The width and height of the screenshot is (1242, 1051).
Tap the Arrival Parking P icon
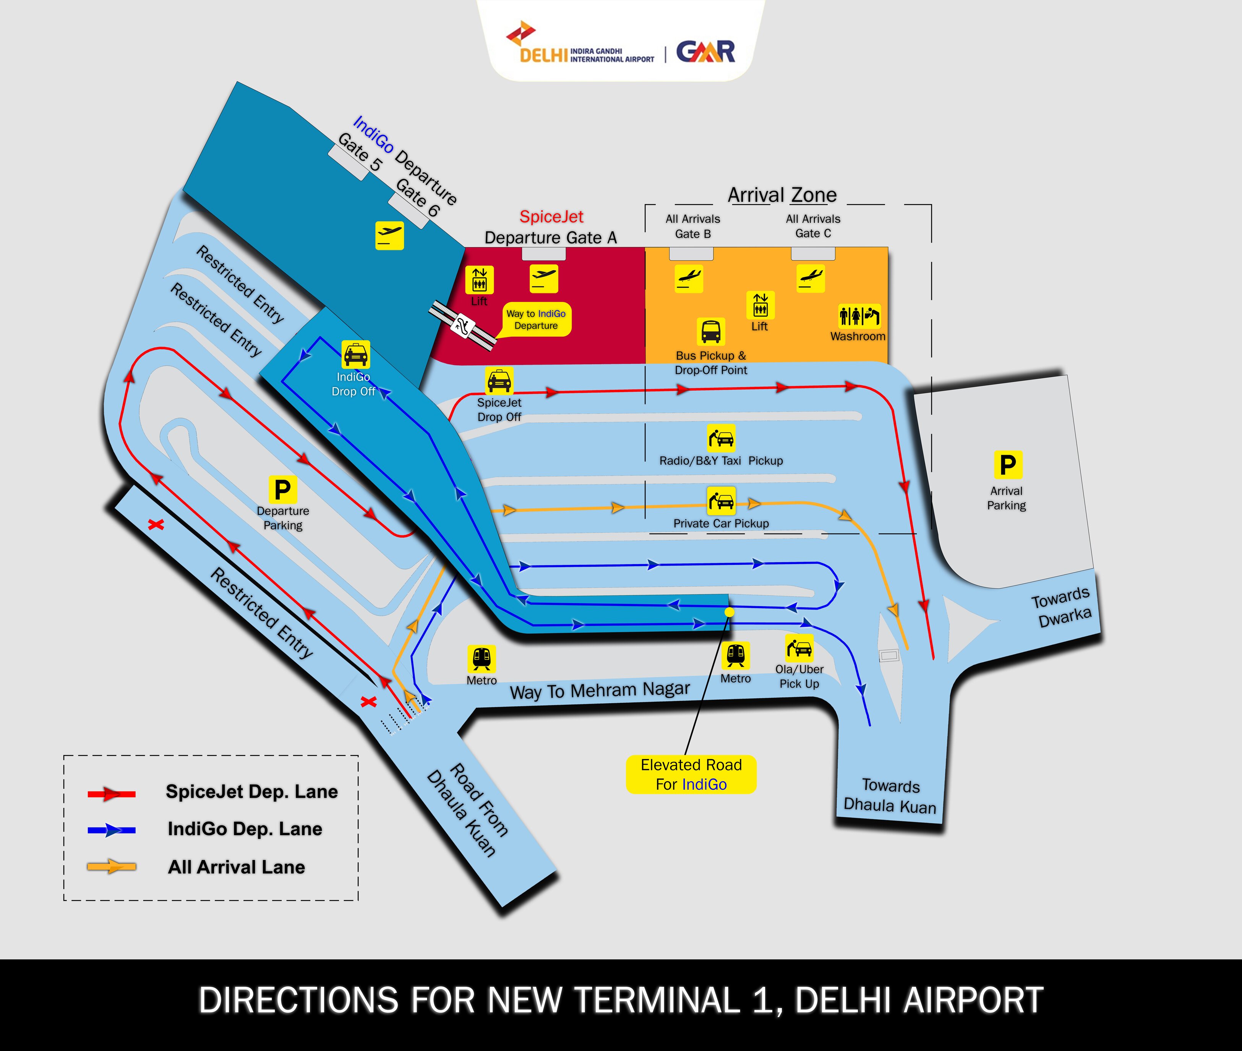[x=1007, y=465]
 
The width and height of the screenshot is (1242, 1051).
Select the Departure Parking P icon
[x=282, y=490]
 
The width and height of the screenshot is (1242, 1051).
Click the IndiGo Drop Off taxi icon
[x=356, y=355]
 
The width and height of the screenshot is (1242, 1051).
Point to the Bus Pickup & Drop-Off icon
[x=711, y=332]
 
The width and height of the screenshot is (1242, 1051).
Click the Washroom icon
[x=859, y=316]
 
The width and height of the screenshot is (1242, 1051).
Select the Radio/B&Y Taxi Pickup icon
[x=721, y=438]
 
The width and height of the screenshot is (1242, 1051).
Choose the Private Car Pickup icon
[x=721, y=501]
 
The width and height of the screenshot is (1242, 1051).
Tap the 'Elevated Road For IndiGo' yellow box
[x=691, y=775]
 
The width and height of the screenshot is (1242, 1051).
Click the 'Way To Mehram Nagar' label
[x=600, y=691]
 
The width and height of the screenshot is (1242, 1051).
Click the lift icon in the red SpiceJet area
[x=480, y=279]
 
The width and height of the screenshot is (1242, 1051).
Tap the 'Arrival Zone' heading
[x=782, y=195]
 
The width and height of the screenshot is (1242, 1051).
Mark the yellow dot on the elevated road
[x=729, y=612]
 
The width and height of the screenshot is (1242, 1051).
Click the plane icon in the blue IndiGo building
[x=389, y=235]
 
